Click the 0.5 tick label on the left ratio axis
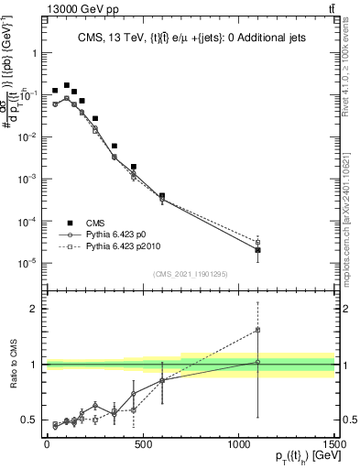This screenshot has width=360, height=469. [x=29, y=420]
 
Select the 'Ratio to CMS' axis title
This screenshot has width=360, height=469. [x=13, y=365]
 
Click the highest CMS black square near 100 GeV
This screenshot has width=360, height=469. [x=67, y=84]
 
